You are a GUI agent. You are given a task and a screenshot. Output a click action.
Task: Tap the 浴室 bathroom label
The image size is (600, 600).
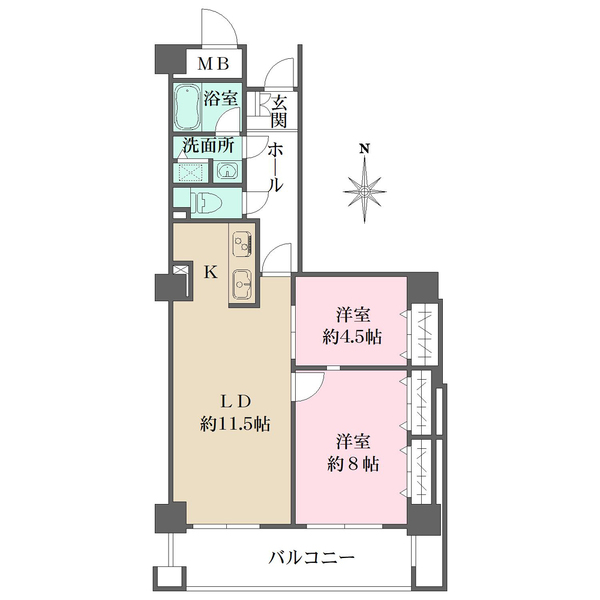click(x=220, y=99)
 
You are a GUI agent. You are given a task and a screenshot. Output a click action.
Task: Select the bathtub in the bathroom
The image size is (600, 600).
click(x=187, y=104)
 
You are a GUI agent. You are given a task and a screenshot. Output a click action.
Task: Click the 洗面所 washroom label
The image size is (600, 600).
click(x=208, y=145)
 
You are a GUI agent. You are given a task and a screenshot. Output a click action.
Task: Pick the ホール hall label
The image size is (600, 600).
click(x=275, y=167)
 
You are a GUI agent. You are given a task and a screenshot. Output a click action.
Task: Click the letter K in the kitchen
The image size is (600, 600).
click(x=211, y=271)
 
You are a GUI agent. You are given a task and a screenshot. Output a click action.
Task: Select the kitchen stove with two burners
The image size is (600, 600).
click(x=243, y=243)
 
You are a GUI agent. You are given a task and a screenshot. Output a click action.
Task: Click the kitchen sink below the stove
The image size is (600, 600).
click(x=243, y=284)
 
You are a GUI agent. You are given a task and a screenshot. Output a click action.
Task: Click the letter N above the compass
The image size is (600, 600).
click(x=366, y=150)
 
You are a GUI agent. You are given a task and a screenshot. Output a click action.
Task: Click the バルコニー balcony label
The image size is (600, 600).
click(x=312, y=557)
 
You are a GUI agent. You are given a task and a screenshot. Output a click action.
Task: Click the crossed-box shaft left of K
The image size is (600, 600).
click(x=181, y=271)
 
